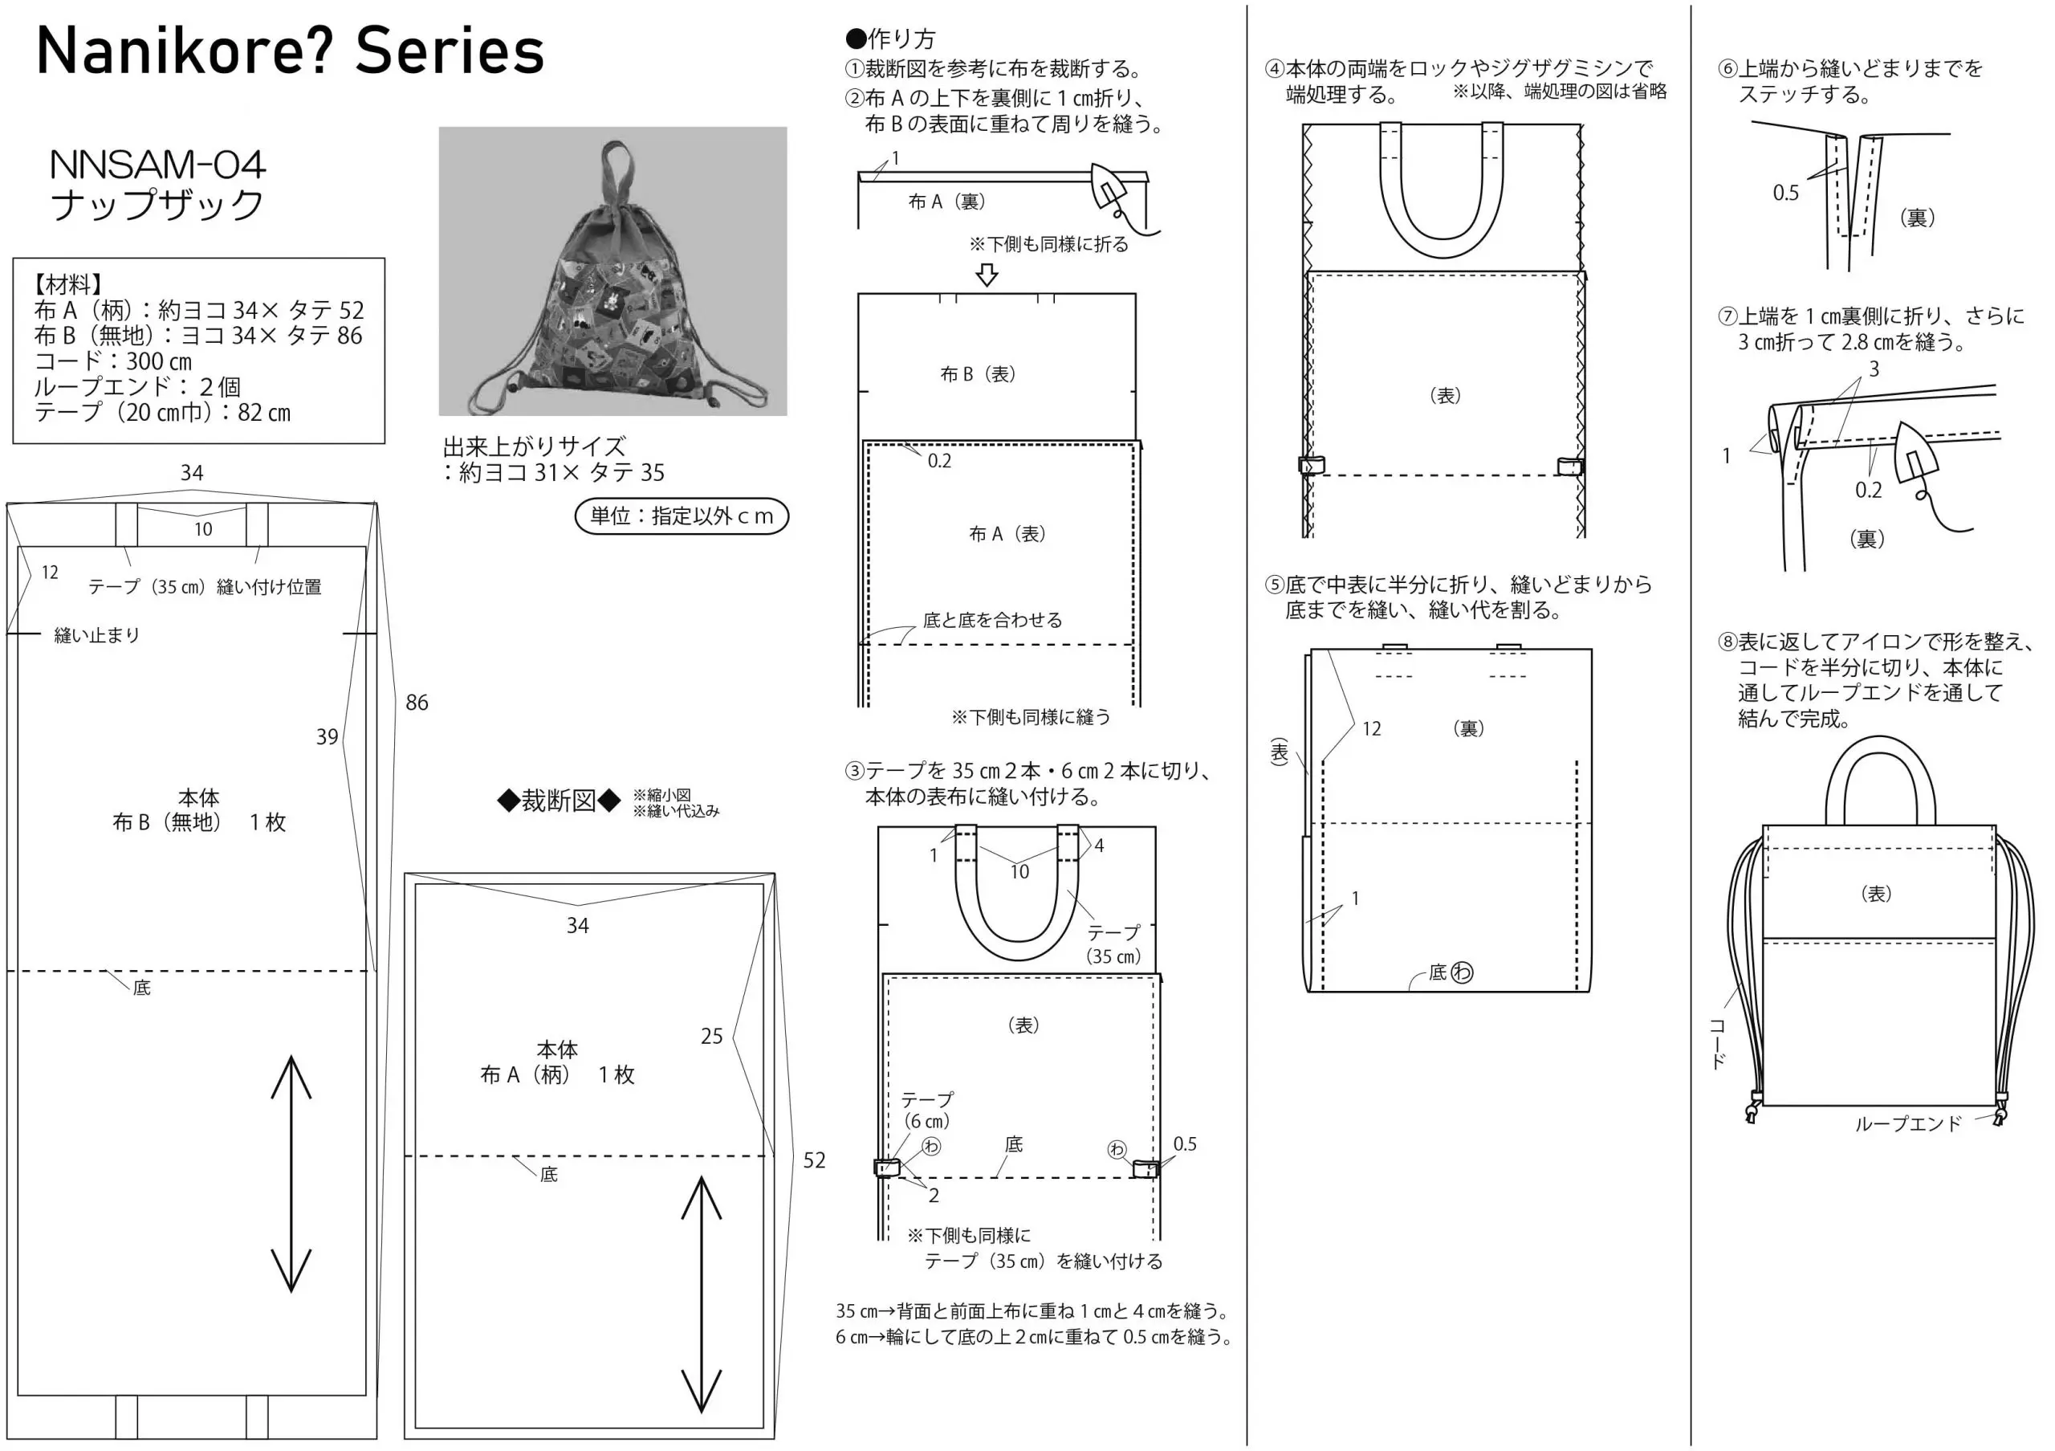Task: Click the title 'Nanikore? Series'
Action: click(290, 51)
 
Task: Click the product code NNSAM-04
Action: click(157, 165)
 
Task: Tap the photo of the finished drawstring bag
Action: click(612, 271)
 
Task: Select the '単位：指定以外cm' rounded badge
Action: click(682, 516)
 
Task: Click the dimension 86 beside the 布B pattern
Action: click(417, 703)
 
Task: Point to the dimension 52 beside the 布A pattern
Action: click(814, 1160)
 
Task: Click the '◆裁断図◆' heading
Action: click(559, 801)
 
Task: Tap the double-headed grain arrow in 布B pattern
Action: click(291, 1173)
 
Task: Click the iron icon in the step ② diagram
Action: click(1111, 190)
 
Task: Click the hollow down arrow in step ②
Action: click(987, 275)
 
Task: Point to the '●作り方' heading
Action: click(890, 39)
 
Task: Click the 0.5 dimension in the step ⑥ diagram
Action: click(1785, 194)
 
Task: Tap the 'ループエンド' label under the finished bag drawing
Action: click(1908, 1124)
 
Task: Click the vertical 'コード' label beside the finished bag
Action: click(1719, 1044)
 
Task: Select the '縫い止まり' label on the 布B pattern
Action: click(96, 635)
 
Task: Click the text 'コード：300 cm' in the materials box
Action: click(112, 361)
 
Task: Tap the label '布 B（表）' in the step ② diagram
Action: click(978, 374)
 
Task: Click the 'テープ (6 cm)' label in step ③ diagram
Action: click(926, 1110)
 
